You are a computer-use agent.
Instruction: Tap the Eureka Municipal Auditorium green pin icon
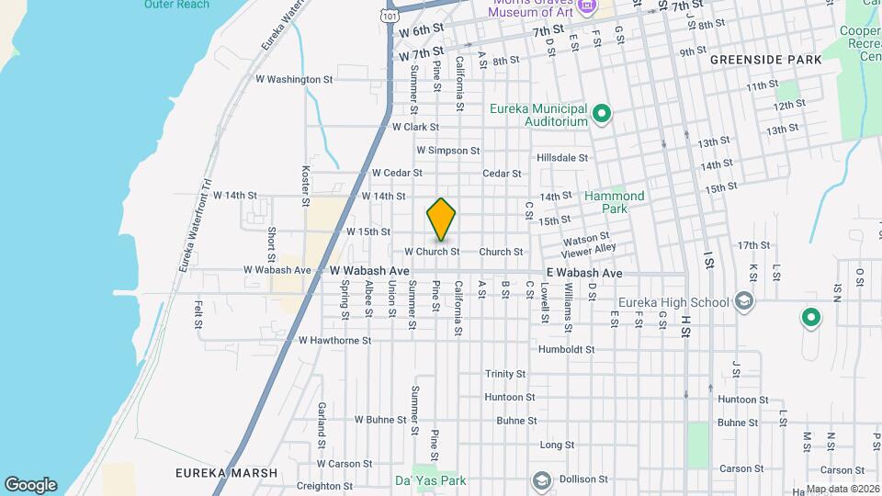coord(603,115)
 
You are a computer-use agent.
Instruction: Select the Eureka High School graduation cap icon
coord(743,301)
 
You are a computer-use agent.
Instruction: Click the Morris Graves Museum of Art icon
coord(584,7)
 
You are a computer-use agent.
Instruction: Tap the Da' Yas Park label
coord(431,480)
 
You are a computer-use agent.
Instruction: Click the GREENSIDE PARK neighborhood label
coord(764,60)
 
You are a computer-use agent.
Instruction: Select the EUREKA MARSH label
coord(226,473)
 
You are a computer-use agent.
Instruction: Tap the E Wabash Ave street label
coord(584,273)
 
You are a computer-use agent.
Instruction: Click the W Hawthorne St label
coord(334,340)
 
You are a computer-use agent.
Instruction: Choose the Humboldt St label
coord(566,350)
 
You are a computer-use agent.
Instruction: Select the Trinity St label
coord(505,374)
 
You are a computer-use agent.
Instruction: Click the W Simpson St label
coord(447,150)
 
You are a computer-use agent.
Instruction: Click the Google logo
coord(30,485)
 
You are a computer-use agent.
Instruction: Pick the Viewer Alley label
coord(589,248)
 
